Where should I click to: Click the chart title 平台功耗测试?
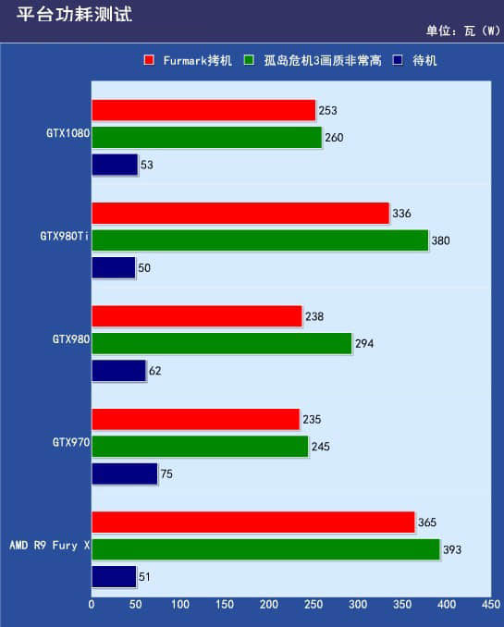[74, 14]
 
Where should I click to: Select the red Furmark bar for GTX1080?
[203, 110]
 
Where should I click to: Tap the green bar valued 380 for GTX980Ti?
[260, 240]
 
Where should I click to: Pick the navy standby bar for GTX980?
[118, 371]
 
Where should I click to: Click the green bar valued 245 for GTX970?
[200, 447]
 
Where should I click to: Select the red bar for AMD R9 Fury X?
[253, 522]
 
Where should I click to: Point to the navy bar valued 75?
[125, 473]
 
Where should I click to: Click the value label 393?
[452, 549]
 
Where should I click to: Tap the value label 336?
[401, 213]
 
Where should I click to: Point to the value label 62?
[155, 371]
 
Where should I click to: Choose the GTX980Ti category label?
[65, 236]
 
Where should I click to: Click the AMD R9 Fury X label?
[50, 545]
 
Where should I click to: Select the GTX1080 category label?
[68, 133]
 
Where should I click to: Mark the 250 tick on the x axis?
[313, 604]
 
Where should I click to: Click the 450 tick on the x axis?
[491, 604]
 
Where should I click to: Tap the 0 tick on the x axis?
[92, 604]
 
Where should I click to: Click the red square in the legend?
[149, 60]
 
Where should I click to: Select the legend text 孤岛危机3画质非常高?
[323, 60]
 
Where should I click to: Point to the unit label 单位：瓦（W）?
[463, 31]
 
